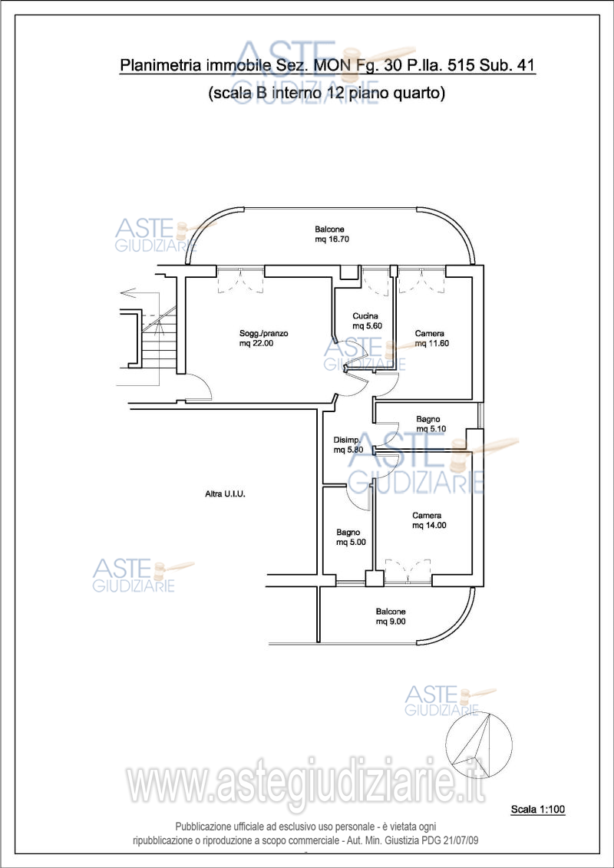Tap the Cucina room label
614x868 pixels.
point(365,317)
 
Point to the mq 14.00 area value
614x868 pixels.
point(429,526)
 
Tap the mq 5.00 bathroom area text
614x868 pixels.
point(351,543)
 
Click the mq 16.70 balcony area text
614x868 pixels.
point(330,239)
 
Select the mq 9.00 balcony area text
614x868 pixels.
point(391,622)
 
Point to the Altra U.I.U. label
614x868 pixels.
point(226,493)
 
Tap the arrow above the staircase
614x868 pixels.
point(140,292)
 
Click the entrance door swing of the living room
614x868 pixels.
point(199,386)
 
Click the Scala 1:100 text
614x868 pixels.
point(537,810)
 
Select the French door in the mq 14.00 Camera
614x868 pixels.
point(408,571)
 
